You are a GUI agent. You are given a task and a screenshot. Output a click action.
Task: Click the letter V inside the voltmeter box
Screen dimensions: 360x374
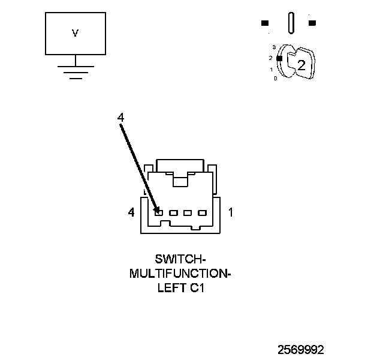tap(75, 34)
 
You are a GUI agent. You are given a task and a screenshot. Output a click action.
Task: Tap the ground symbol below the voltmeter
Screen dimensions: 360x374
tap(75, 71)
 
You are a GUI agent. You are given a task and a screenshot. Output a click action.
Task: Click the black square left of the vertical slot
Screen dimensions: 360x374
tap(264, 23)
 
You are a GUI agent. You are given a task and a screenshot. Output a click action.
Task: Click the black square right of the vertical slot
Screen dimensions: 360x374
tap(312, 23)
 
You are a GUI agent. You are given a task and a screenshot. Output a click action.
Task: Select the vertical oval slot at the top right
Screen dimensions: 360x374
tap(291, 23)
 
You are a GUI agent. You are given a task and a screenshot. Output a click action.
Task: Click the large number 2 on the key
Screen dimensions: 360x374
tap(301, 65)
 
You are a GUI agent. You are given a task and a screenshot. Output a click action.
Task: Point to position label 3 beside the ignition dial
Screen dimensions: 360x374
tap(273, 47)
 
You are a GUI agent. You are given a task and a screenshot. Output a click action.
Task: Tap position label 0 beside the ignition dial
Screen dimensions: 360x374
tap(275, 79)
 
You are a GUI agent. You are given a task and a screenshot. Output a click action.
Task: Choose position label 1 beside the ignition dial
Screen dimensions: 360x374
tap(272, 69)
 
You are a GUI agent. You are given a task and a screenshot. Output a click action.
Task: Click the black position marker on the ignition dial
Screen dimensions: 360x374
tap(279, 58)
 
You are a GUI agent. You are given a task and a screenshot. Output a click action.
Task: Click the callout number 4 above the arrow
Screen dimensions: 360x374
tap(120, 118)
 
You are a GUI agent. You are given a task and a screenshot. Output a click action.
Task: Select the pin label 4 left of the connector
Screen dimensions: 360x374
tap(131, 212)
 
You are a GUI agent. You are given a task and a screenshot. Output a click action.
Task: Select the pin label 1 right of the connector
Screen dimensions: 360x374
tap(231, 212)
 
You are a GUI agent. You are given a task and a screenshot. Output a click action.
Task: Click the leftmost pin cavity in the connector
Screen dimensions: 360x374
tap(159, 212)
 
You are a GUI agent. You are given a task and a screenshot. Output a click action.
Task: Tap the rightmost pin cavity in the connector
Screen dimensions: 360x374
tap(202, 212)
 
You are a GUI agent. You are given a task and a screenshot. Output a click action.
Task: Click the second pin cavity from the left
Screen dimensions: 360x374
tap(173, 212)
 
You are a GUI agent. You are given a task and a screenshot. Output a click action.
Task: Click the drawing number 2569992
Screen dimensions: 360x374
tap(300, 349)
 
